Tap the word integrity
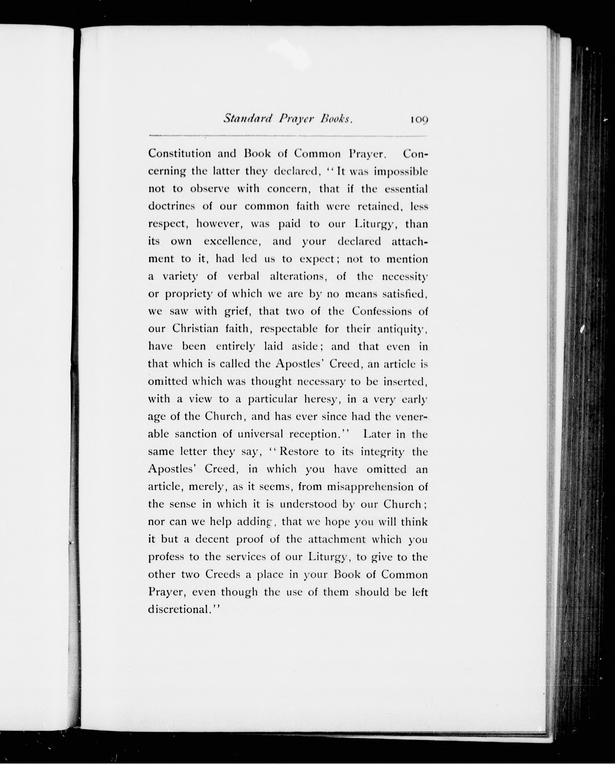pos(382,452)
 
